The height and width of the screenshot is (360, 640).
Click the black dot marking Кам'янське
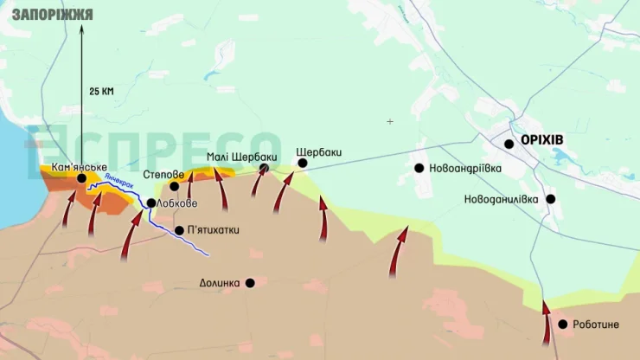point(82,178)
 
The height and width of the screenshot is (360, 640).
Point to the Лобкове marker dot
point(151,203)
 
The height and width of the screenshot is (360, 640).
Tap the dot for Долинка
point(250,282)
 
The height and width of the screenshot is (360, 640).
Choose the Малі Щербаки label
point(241,157)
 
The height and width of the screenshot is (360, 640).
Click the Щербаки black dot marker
point(303,163)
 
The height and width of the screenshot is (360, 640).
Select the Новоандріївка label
point(465,169)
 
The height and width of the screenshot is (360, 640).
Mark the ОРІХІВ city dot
point(509,144)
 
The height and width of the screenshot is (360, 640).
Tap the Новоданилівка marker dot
point(550,199)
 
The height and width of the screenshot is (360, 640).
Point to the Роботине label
point(595,325)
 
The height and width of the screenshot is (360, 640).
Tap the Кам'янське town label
point(79,166)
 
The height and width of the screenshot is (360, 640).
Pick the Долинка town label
point(219,283)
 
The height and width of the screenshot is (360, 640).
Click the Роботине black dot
point(563,325)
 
